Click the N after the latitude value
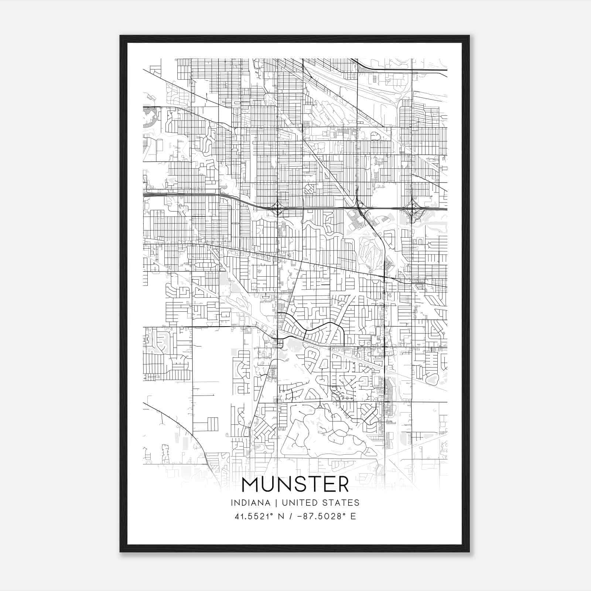click(x=281, y=516)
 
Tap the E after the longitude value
click(x=353, y=516)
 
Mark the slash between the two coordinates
click(x=292, y=516)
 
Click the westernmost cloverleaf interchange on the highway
click(x=277, y=208)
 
